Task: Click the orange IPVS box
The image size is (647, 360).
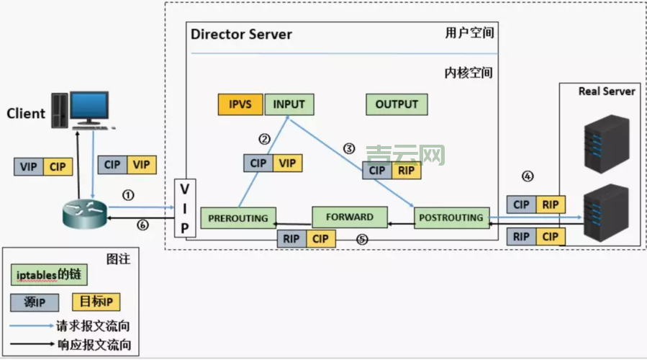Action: tap(240, 104)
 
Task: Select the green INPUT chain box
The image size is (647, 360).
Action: tap(289, 104)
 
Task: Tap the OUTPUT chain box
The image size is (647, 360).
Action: tap(397, 104)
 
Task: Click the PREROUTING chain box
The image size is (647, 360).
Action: tap(237, 217)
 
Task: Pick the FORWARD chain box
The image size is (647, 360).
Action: tap(350, 216)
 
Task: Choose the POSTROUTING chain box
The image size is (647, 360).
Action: tap(450, 217)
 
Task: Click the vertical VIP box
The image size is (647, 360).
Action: tap(185, 208)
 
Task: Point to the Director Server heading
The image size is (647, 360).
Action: tap(241, 35)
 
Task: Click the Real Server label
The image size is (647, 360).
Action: tap(607, 91)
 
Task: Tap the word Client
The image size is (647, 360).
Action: tap(26, 114)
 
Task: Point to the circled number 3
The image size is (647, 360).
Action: tap(348, 149)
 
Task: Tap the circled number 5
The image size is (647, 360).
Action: tap(362, 238)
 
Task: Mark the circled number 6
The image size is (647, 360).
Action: tap(142, 225)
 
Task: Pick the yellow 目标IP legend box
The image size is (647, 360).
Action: tap(94, 301)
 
